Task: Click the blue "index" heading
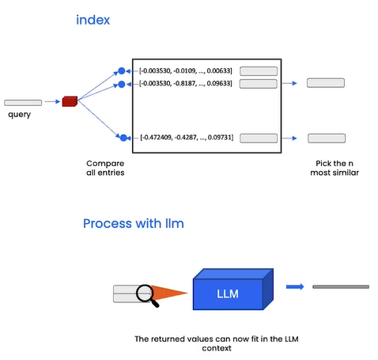pyautogui.click(x=93, y=20)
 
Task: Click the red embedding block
pyautogui.click(x=70, y=101)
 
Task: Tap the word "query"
pyautogui.click(x=19, y=115)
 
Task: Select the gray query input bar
pyautogui.click(x=23, y=103)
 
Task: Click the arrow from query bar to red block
pyautogui.click(x=52, y=101)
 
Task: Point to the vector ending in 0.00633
pyautogui.click(x=186, y=71)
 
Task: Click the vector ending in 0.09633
pyautogui.click(x=186, y=84)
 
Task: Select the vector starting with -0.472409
pyautogui.click(x=187, y=138)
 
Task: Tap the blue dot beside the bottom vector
pyautogui.click(x=123, y=138)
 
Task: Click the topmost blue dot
pyautogui.click(x=122, y=71)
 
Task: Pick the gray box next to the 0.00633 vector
pyautogui.click(x=259, y=71)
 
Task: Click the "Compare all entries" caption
pyautogui.click(x=105, y=168)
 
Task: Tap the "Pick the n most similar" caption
pyautogui.click(x=335, y=168)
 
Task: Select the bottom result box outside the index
pyautogui.click(x=327, y=138)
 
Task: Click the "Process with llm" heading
pyautogui.click(x=134, y=224)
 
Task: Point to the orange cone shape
pyautogui.click(x=168, y=293)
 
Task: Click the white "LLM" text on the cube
pyautogui.click(x=228, y=294)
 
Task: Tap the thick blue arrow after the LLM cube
pyautogui.click(x=295, y=286)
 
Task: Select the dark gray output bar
pyautogui.click(x=341, y=286)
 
